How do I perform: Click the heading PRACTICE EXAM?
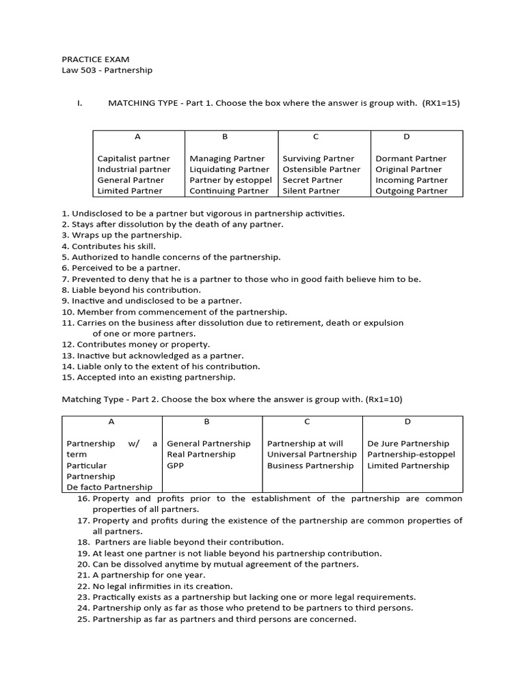coord(95,59)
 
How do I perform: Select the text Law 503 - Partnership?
coord(107,70)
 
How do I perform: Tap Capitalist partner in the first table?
coord(133,158)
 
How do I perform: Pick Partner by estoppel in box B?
coord(230,180)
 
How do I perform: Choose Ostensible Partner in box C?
coord(321,169)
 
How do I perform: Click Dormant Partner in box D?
coord(411,158)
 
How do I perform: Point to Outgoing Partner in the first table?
coord(412,191)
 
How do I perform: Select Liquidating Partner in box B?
coord(230,169)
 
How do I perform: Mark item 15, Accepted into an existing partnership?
coord(148,377)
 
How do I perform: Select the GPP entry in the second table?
coord(176,466)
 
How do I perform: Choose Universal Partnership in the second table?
coord(312,455)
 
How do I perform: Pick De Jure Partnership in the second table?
coord(408,444)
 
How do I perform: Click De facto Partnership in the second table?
coord(109,487)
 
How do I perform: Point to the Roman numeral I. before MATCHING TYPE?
coord(79,103)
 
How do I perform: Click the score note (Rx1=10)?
coord(389,399)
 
